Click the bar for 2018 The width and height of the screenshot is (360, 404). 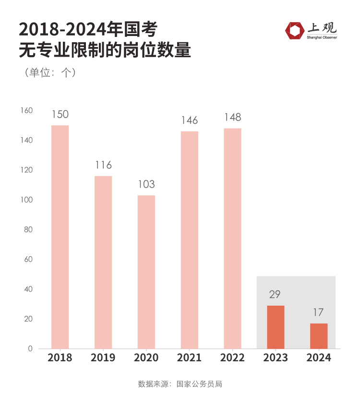tap(60, 237)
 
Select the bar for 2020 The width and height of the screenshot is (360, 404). tap(146, 272)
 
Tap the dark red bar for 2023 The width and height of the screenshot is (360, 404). tap(276, 327)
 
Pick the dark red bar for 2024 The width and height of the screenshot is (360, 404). tap(319, 336)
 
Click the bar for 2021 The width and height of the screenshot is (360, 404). tap(190, 240)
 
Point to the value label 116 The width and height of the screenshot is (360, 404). tap(103, 166)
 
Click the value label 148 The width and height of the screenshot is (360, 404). tap(232, 118)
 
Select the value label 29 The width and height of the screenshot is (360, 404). tap(275, 295)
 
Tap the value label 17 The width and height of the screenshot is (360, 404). tap(319, 313)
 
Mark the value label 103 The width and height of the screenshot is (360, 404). tap(146, 185)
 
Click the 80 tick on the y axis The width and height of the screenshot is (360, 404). tap(28, 230)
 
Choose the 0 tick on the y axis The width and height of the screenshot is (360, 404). tap(30, 349)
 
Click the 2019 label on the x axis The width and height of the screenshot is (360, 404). tap(103, 358)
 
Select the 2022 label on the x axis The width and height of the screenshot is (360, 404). tap(232, 358)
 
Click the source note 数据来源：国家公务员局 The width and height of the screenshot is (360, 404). tap(180, 384)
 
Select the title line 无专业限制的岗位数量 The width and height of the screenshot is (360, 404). tap(105, 50)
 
